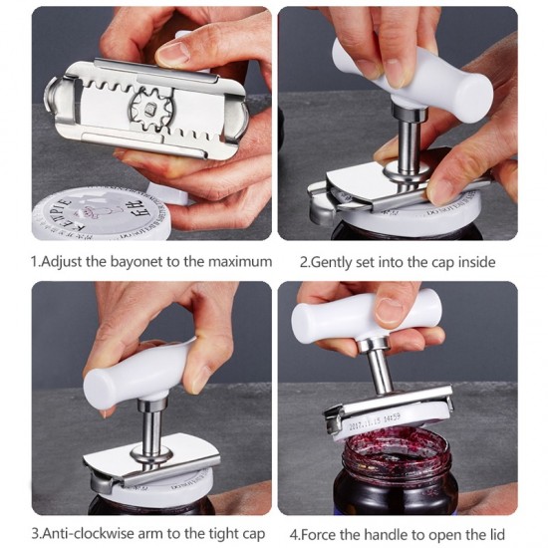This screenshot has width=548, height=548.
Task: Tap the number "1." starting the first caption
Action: point(38,262)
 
